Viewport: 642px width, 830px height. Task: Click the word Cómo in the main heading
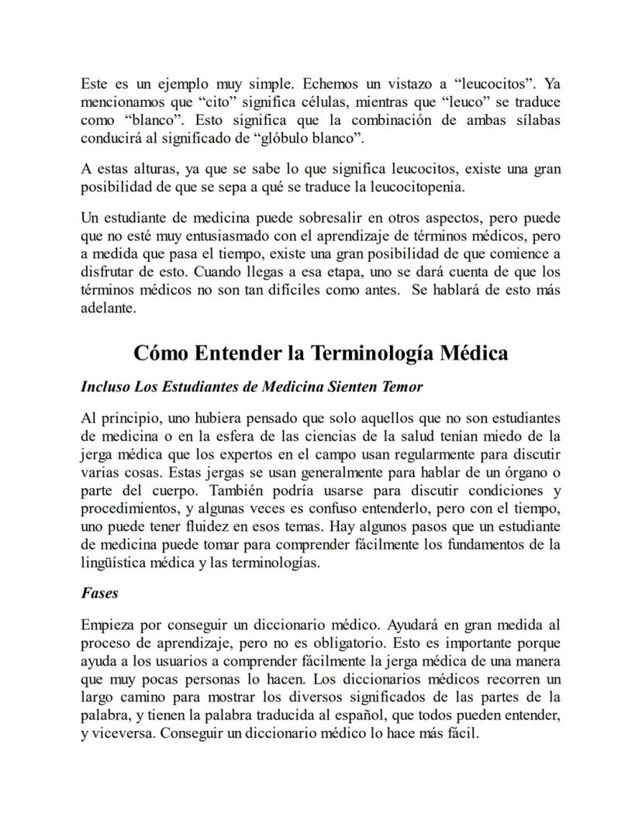coord(161,353)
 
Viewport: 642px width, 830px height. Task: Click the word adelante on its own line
coord(108,308)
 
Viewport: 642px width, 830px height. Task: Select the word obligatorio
coord(348,642)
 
